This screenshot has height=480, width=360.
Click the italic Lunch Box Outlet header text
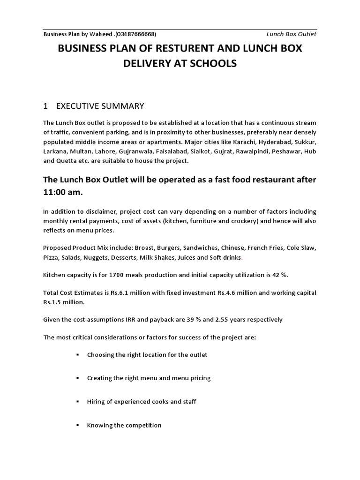click(x=291, y=34)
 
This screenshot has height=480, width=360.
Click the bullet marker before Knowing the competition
click(x=77, y=425)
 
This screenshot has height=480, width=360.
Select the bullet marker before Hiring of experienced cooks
click(x=77, y=402)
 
